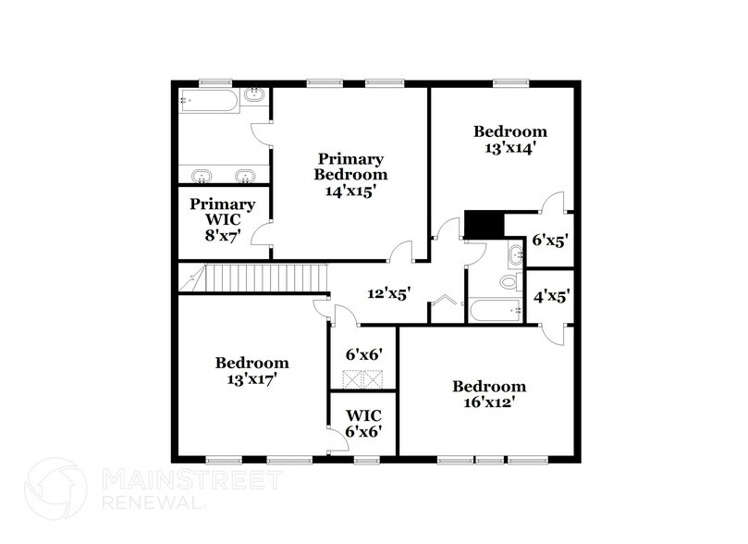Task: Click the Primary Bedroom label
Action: pos(350,167)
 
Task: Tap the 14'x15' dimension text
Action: pos(350,192)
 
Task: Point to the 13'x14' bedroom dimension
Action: pos(509,146)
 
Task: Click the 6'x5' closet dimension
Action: pos(549,240)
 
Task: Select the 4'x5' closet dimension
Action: pos(549,297)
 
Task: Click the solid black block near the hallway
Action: pos(482,224)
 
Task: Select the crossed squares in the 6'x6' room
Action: pos(363,377)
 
